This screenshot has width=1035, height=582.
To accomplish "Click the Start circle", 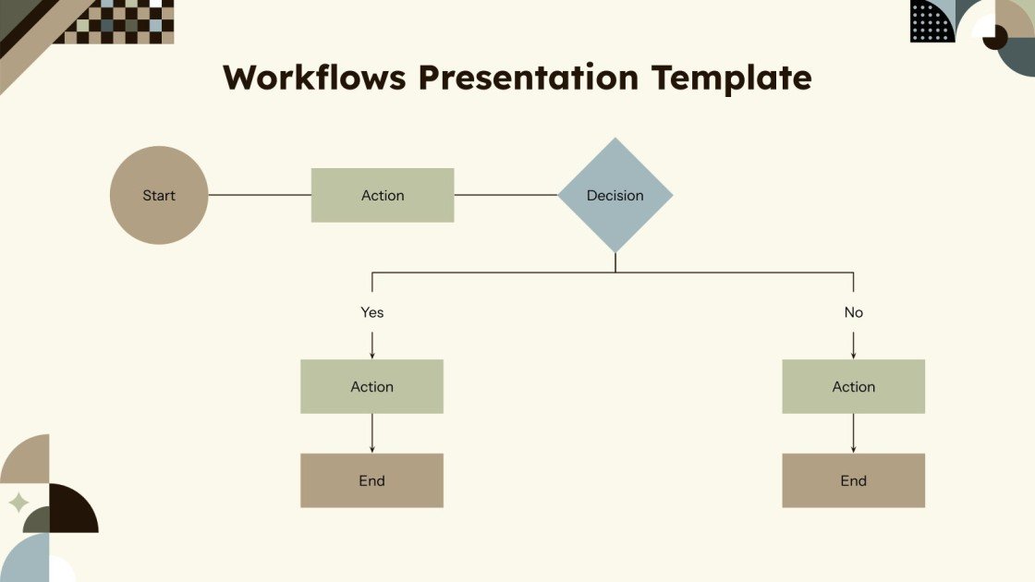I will point(159,195).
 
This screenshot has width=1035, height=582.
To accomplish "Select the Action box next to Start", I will point(383,195).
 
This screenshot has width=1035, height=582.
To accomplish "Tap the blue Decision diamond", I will point(615,195).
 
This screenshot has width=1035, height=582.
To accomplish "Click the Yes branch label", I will point(372,312).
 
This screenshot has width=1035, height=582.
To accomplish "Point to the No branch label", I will point(853,312).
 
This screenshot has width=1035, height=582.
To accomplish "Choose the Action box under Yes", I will point(372,386).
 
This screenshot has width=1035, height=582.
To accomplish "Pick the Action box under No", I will point(853,386).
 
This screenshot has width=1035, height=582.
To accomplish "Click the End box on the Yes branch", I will point(372,480).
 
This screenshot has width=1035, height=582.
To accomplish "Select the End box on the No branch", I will point(853,480).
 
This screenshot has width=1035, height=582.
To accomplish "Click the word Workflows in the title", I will point(314,78).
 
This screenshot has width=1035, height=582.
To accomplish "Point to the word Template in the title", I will point(731,78).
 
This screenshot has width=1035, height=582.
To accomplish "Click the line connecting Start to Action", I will point(260,195).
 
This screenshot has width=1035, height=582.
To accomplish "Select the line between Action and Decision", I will point(505,195).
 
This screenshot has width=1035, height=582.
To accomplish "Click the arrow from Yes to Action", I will point(372,344).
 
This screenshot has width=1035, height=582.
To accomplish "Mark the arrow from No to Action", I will point(853,344).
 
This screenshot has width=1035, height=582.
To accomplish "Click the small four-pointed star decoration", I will point(18,503).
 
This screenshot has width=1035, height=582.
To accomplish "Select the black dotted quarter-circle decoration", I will point(931,21).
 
